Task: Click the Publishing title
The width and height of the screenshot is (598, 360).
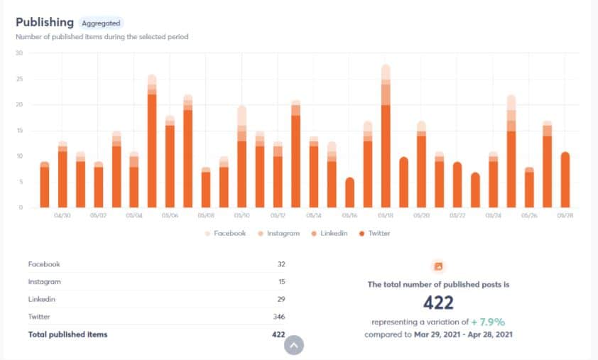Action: [44, 23]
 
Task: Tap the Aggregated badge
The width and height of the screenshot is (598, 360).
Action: [101, 23]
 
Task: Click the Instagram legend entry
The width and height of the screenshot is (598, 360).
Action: [278, 233]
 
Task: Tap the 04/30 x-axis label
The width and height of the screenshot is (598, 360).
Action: [62, 215]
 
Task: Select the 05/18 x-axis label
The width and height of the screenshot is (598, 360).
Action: [386, 215]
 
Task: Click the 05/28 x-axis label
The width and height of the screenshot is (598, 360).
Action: [565, 215]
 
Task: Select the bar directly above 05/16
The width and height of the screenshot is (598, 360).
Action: [349, 192]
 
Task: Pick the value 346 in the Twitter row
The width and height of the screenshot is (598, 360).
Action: [278, 317]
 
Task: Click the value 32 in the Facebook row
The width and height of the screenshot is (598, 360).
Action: [281, 263]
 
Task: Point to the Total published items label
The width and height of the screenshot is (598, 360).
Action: [67, 334]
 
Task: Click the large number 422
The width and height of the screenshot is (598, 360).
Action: [438, 303]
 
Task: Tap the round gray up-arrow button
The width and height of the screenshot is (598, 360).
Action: [294, 345]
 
